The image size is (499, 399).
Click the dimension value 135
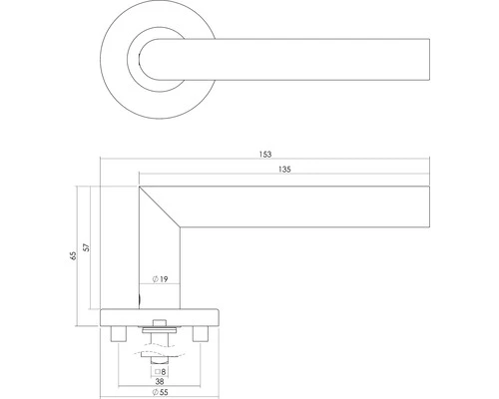click(x=284, y=172)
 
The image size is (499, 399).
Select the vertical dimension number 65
click(x=72, y=256)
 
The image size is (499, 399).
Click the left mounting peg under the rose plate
click(x=121, y=332)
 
